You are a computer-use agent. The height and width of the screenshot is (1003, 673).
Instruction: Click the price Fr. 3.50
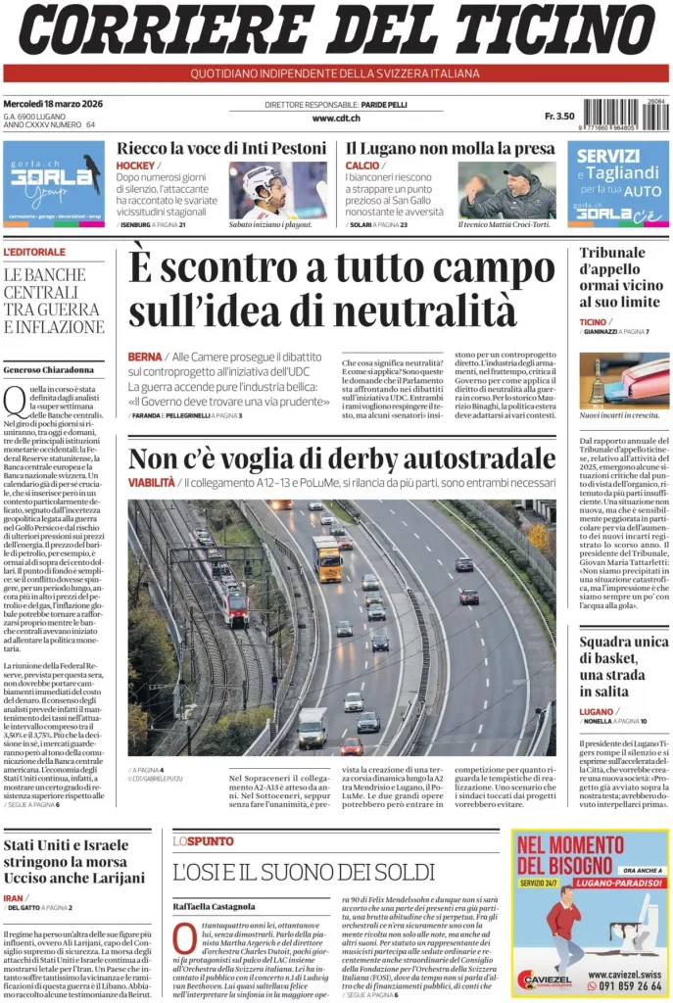[559, 117]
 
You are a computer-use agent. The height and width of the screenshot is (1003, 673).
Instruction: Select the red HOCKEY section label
[135, 166]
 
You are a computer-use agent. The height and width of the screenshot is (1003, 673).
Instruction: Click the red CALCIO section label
[362, 166]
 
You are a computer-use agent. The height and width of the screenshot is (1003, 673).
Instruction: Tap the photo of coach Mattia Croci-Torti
[506, 189]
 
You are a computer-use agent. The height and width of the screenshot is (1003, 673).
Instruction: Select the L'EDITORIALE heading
[34, 253]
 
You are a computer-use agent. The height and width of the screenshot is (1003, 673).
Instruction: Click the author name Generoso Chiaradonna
[49, 369]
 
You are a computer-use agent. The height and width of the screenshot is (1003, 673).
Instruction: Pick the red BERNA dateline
[144, 357]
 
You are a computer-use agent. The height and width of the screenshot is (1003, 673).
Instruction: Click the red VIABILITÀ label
[152, 483]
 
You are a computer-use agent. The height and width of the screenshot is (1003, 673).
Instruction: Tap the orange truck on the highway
[327, 558]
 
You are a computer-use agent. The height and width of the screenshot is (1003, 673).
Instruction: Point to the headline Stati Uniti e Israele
[66, 845]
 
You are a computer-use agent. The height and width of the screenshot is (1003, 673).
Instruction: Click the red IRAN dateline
[14, 897]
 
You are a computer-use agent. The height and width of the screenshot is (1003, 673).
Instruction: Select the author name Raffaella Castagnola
[214, 906]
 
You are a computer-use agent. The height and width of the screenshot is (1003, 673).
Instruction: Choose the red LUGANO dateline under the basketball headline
[597, 711]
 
